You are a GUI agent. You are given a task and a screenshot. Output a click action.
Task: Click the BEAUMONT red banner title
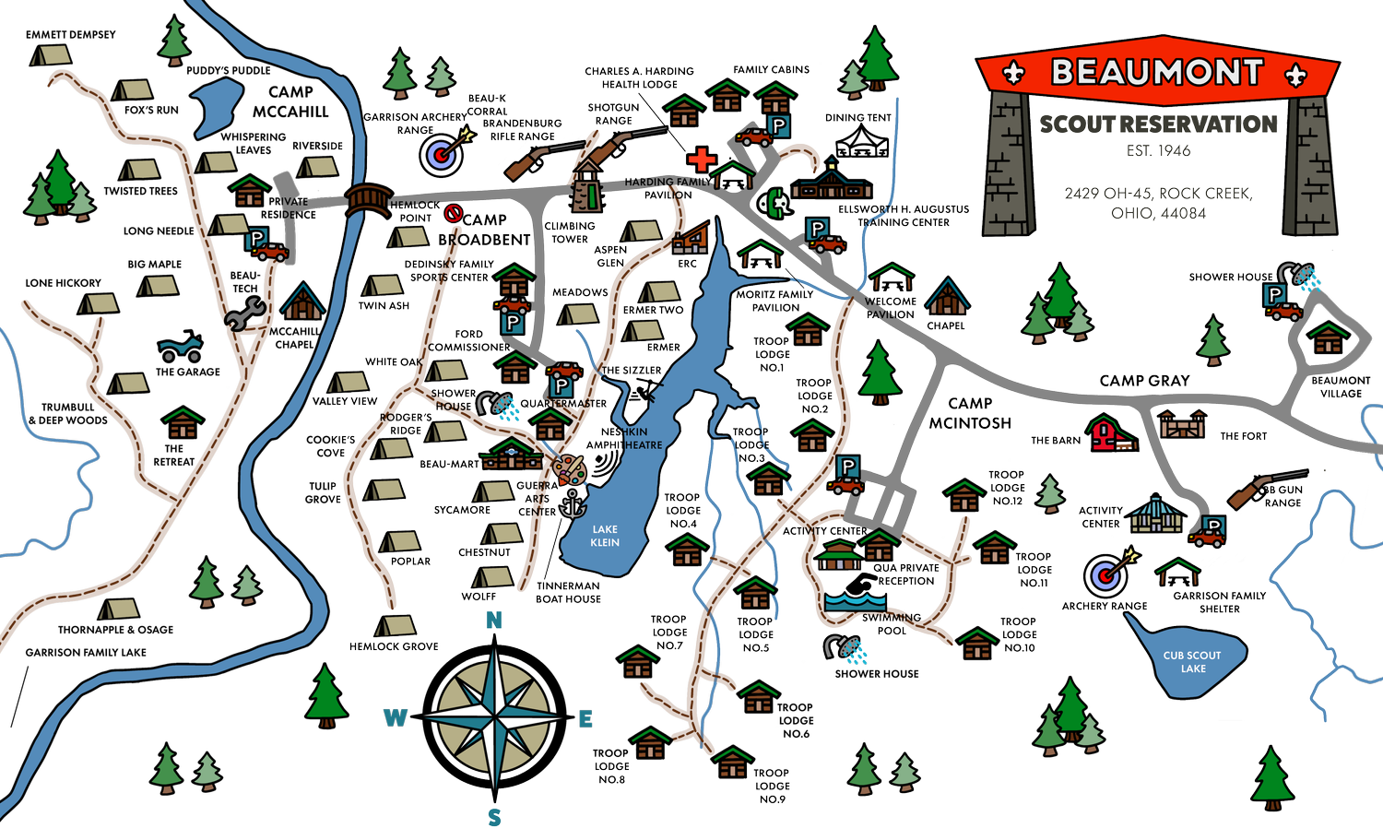tap(1156, 72)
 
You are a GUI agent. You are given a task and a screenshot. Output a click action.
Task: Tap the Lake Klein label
tap(605, 536)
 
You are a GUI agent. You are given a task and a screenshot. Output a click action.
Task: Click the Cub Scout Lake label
tap(1192, 662)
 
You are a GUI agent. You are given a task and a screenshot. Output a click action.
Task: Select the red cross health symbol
tap(702, 159)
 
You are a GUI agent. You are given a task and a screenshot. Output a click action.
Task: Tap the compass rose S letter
tap(495, 817)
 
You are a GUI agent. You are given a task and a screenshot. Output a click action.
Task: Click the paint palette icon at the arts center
tap(572, 471)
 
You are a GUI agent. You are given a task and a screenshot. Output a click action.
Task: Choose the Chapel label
tap(946, 325)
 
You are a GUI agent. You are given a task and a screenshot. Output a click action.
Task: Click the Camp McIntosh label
tap(970, 413)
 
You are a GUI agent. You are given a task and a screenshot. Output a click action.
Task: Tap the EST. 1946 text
tap(1158, 150)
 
